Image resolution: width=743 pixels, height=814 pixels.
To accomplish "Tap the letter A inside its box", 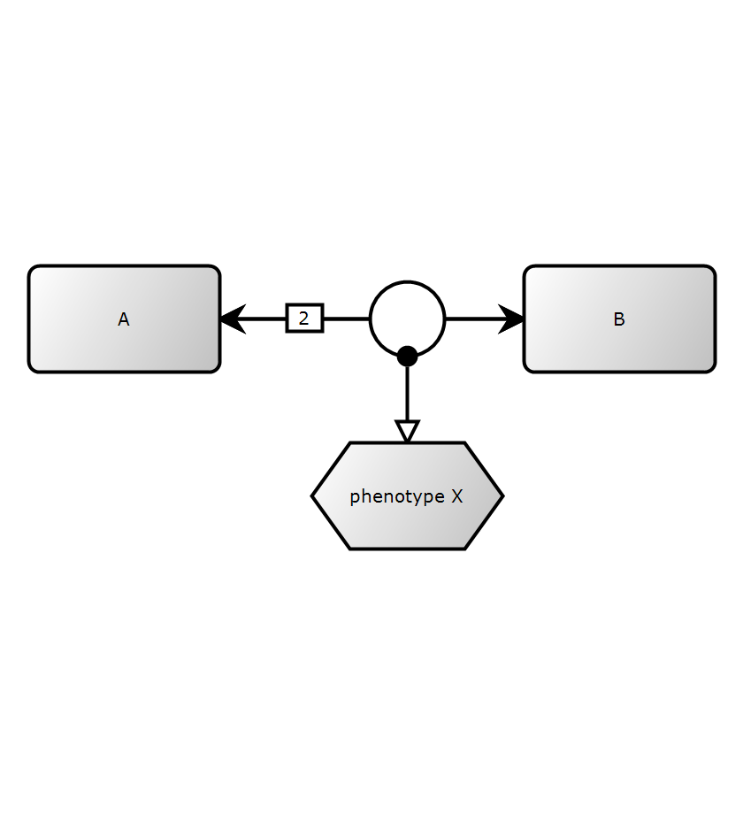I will (124, 319).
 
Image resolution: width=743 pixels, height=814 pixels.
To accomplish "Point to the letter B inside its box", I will (619, 319).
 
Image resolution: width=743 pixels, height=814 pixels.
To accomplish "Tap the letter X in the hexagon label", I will (456, 496).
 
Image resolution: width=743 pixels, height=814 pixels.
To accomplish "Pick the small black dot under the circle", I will (407, 356).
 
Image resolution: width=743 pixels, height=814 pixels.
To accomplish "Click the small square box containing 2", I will (304, 318).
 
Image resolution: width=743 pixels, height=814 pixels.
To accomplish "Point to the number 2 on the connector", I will (304, 318).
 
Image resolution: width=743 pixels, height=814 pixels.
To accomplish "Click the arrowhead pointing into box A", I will (231, 319).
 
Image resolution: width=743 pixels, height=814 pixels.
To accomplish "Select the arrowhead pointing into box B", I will (512, 319).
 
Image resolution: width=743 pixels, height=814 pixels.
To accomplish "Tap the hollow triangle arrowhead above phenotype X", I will (407, 432).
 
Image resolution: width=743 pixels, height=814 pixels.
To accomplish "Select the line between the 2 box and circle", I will (346, 319).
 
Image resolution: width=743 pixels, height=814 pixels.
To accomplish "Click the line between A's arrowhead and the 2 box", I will (264, 319).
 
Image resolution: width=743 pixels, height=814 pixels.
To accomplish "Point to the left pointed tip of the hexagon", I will (314, 495).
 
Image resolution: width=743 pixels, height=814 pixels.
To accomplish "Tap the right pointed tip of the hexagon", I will (501, 495).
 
